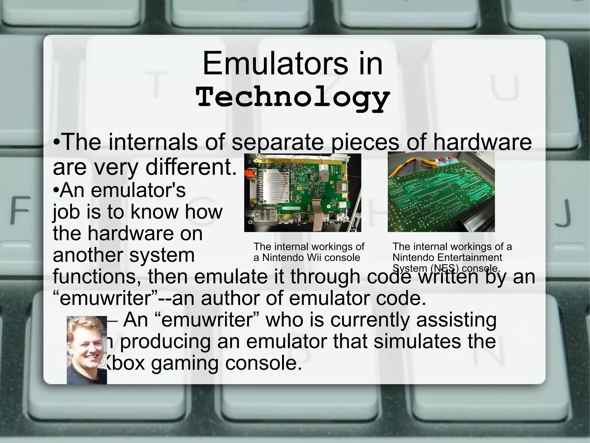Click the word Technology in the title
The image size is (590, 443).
click(293, 98)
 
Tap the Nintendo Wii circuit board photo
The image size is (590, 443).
click(302, 192)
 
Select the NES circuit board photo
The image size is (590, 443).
click(441, 192)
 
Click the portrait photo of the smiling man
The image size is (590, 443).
click(87, 350)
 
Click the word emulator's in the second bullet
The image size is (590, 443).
click(138, 190)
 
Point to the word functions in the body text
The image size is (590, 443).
click(97, 276)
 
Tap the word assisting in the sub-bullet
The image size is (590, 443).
click(456, 320)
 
